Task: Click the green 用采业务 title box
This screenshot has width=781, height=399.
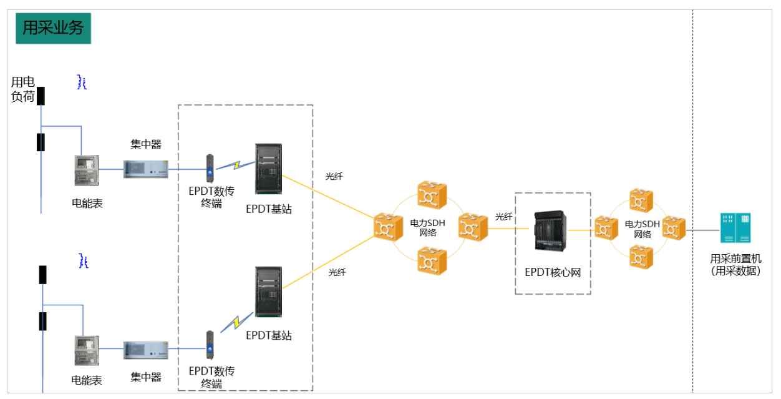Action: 53,28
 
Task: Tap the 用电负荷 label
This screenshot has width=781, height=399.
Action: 23,89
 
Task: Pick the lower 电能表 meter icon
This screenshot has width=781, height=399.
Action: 86,352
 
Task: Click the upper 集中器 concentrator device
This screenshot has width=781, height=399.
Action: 145,169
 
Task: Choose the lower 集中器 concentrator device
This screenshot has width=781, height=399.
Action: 145,350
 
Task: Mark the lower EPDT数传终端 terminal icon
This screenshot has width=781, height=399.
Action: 210,347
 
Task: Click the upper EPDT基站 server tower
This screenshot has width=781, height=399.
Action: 268,169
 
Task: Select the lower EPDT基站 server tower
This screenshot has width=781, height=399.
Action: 268,292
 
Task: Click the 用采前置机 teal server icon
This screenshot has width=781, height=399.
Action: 735,228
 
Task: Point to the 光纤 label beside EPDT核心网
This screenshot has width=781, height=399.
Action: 504,217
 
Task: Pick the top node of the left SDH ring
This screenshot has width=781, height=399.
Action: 432,195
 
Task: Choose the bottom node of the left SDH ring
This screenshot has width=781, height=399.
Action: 432,261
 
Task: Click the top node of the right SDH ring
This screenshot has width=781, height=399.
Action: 641,201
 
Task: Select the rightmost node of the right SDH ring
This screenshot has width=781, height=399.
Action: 673,228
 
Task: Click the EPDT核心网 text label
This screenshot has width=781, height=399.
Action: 553,272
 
